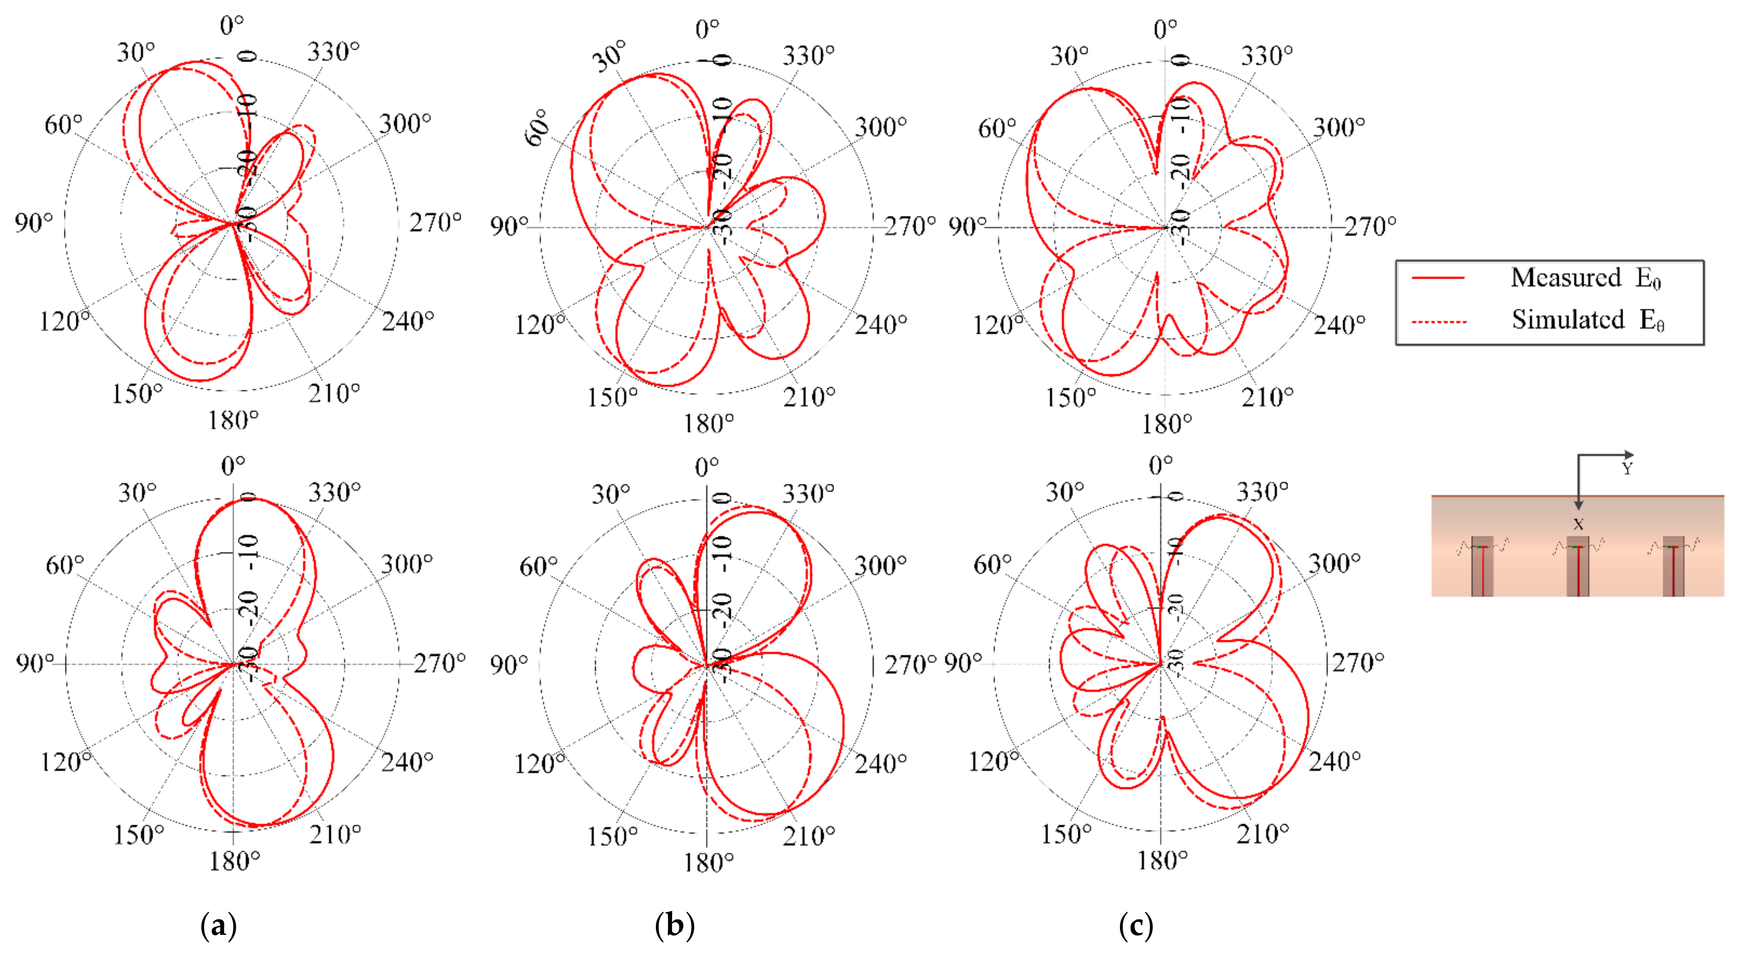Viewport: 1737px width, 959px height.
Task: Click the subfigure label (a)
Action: [218, 927]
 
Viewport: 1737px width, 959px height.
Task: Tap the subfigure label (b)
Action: [674, 927]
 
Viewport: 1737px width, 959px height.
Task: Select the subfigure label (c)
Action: [1135, 927]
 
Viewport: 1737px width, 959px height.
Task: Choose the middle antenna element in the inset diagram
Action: [1578, 567]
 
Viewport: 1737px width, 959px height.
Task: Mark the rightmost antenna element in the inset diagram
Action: [1673, 567]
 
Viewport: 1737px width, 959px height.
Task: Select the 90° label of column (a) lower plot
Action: [35, 664]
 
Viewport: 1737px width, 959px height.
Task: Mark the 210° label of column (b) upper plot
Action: [808, 397]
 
